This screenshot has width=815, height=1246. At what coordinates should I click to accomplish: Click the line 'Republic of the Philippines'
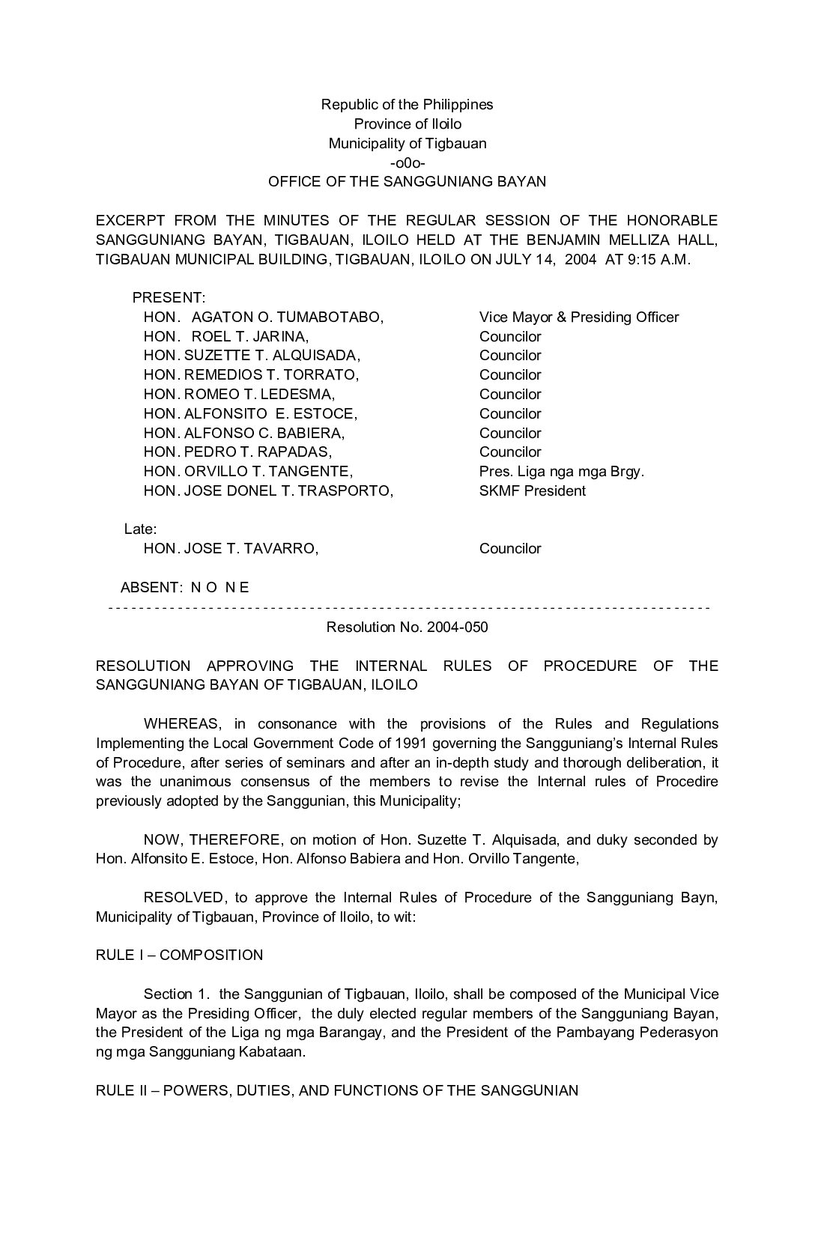(x=407, y=105)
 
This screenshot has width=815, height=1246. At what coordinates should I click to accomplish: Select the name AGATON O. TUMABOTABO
(x=287, y=317)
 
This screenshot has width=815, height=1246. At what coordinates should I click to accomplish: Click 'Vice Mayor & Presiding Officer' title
(x=578, y=317)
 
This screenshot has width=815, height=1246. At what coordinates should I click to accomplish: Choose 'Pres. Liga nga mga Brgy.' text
(x=561, y=472)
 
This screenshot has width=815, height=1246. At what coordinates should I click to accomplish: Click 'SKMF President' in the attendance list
(x=532, y=491)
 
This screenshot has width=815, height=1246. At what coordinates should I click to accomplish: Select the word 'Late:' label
(x=140, y=529)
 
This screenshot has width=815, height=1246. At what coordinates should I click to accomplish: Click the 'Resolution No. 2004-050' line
(x=407, y=627)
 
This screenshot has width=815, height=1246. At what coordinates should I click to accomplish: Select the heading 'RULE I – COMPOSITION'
(x=179, y=955)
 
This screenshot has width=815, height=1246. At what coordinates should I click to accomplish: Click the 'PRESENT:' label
(x=169, y=298)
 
